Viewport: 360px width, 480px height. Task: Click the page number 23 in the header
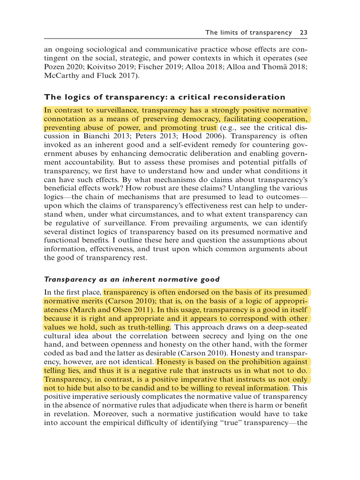point(303,32)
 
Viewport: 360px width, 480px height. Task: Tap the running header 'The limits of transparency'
point(248,32)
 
